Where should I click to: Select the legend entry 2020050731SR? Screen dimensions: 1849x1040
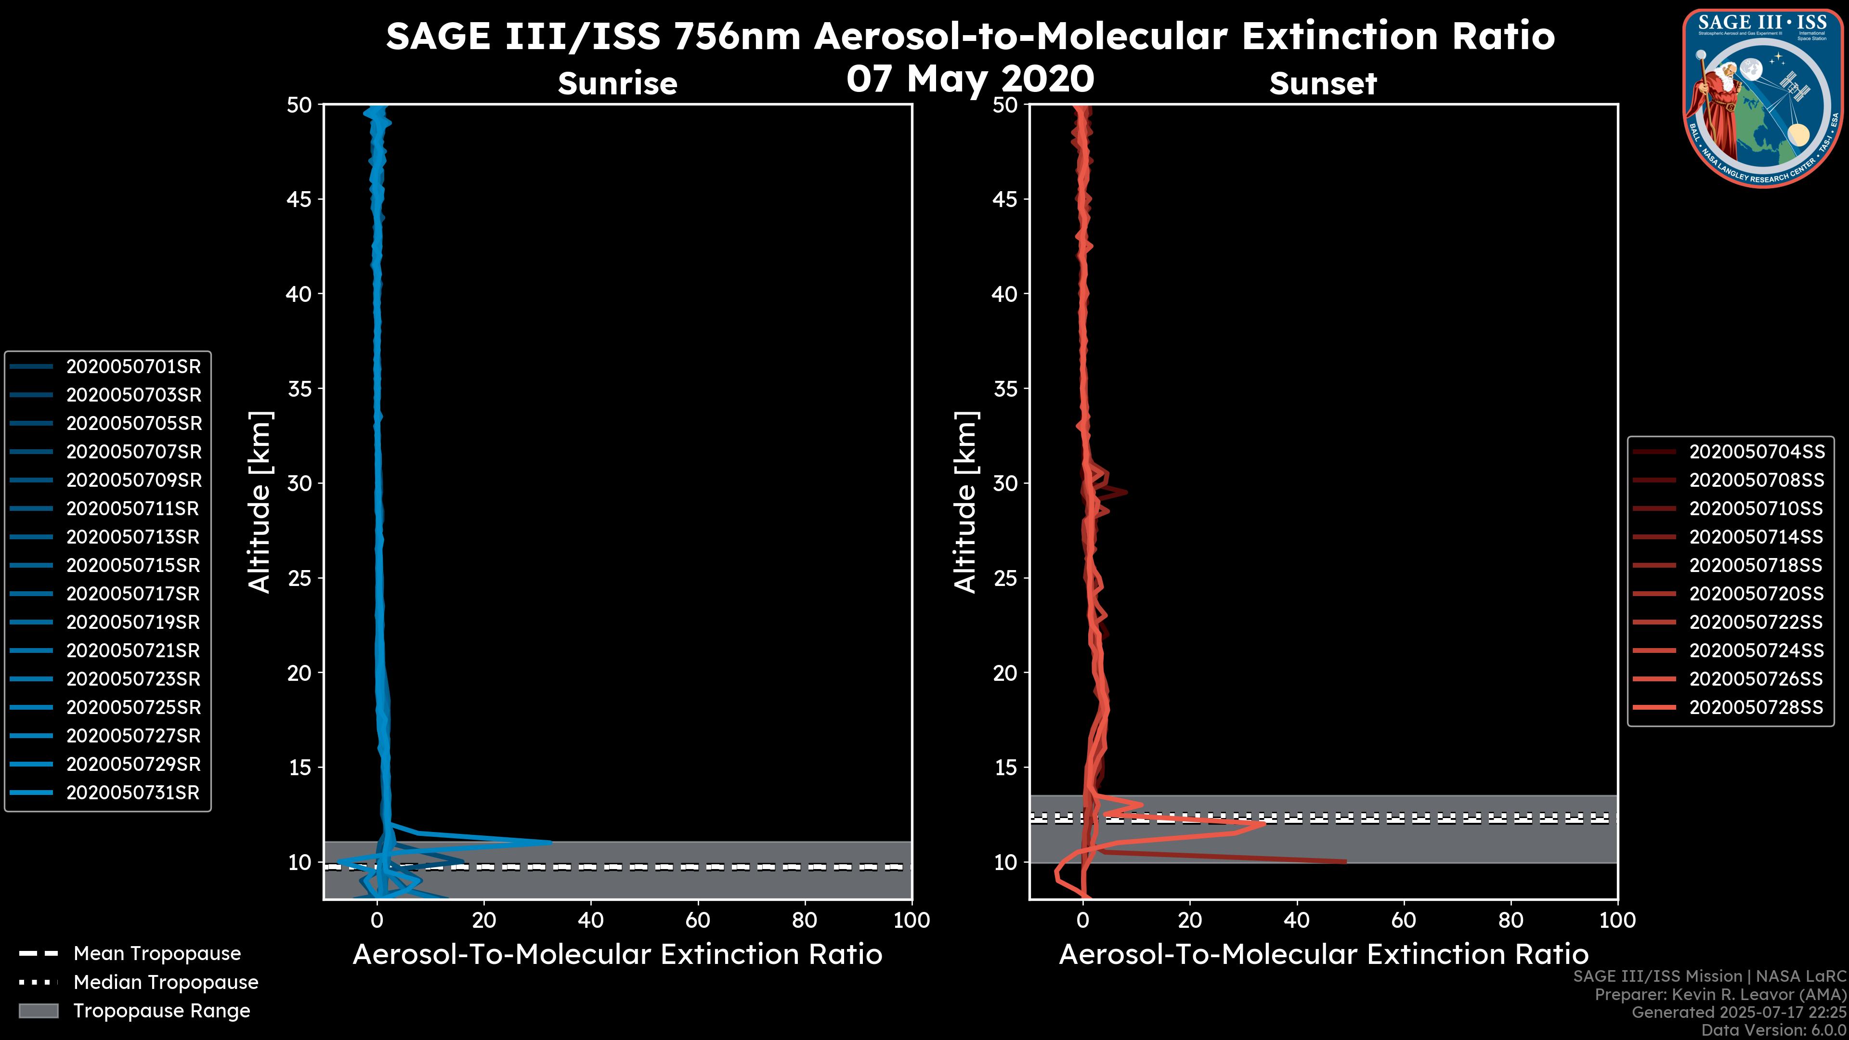point(133,793)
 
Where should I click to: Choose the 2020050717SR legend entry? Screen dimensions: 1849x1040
point(133,594)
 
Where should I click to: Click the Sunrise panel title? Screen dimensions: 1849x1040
point(617,83)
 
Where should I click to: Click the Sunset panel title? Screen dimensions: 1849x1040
point(1323,83)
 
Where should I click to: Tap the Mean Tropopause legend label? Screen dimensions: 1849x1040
point(157,953)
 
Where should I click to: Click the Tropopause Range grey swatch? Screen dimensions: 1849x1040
point(38,1011)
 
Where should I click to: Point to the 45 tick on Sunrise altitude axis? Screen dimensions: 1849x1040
point(299,199)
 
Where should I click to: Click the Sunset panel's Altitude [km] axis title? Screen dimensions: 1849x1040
point(965,502)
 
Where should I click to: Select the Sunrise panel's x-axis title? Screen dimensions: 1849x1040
point(617,955)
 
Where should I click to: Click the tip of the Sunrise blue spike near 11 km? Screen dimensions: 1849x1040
point(551,843)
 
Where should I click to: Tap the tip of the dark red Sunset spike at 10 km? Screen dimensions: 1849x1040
point(1346,861)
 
